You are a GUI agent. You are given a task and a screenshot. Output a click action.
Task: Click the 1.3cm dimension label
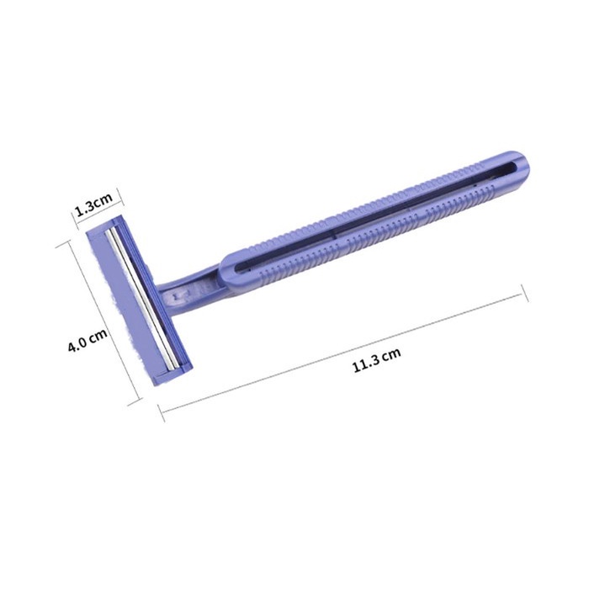[x=94, y=204]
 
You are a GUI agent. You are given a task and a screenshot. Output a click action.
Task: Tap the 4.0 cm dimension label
[x=88, y=339]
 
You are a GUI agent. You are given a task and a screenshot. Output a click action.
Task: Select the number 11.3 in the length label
[x=366, y=363]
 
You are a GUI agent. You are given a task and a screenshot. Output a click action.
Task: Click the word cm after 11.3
[x=392, y=353]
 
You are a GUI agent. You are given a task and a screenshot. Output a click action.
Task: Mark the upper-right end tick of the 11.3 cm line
[x=525, y=293]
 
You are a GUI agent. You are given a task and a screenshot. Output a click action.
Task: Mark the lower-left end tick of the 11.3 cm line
[x=162, y=412]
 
